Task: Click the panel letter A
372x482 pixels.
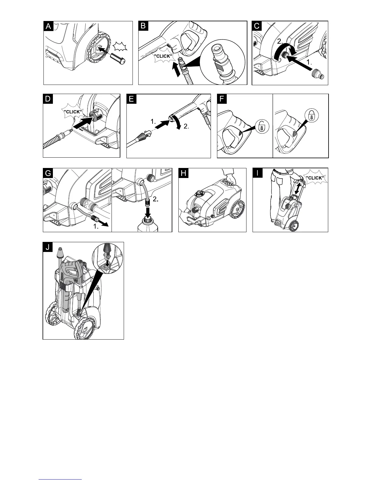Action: [x=48, y=26]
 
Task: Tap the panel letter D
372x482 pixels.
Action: [x=47, y=99]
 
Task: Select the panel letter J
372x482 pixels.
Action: [x=47, y=247]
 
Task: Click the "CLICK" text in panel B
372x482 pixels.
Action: [x=163, y=56]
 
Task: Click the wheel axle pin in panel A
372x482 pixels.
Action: [x=118, y=58]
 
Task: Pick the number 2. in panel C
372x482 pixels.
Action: [x=281, y=41]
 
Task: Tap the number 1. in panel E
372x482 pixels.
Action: [x=153, y=121]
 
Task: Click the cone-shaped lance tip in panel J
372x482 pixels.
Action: [x=60, y=252]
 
